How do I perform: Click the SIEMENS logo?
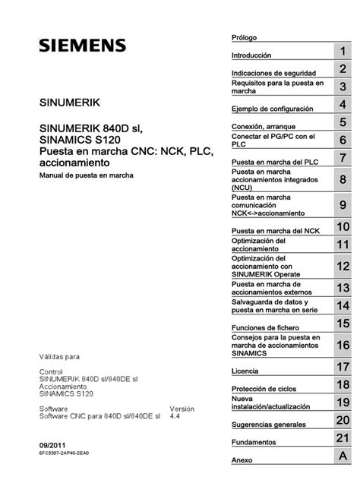[83, 46]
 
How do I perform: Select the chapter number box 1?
[343, 51]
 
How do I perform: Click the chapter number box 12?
[343, 267]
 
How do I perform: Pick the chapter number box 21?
[343, 438]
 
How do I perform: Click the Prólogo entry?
[245, 37]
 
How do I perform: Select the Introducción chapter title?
[251, 55]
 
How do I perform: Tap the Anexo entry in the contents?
[242, 459]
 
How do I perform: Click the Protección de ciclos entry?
[263, 389]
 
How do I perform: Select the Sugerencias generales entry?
[267, 424]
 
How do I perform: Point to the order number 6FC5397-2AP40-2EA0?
[64, 453]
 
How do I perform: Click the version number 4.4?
[175, 416]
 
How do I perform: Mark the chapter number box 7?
[343, 158]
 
